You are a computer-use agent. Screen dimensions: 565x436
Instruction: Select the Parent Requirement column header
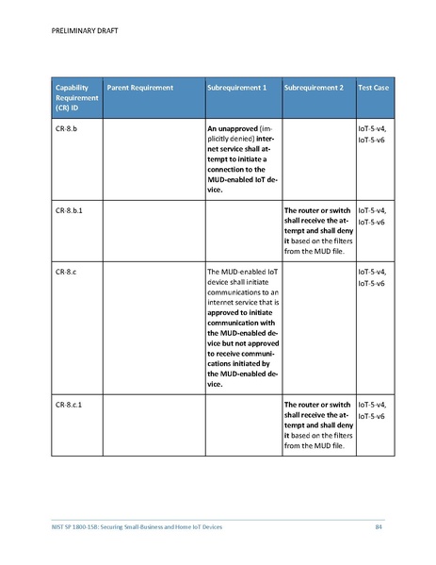[x=140, y=88]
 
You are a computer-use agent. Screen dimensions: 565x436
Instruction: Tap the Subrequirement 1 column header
[x=236, y=88]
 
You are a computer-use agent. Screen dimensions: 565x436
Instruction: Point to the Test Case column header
[x=374, y=88]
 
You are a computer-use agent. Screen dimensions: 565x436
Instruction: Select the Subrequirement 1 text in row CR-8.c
[x=242, y=327]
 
